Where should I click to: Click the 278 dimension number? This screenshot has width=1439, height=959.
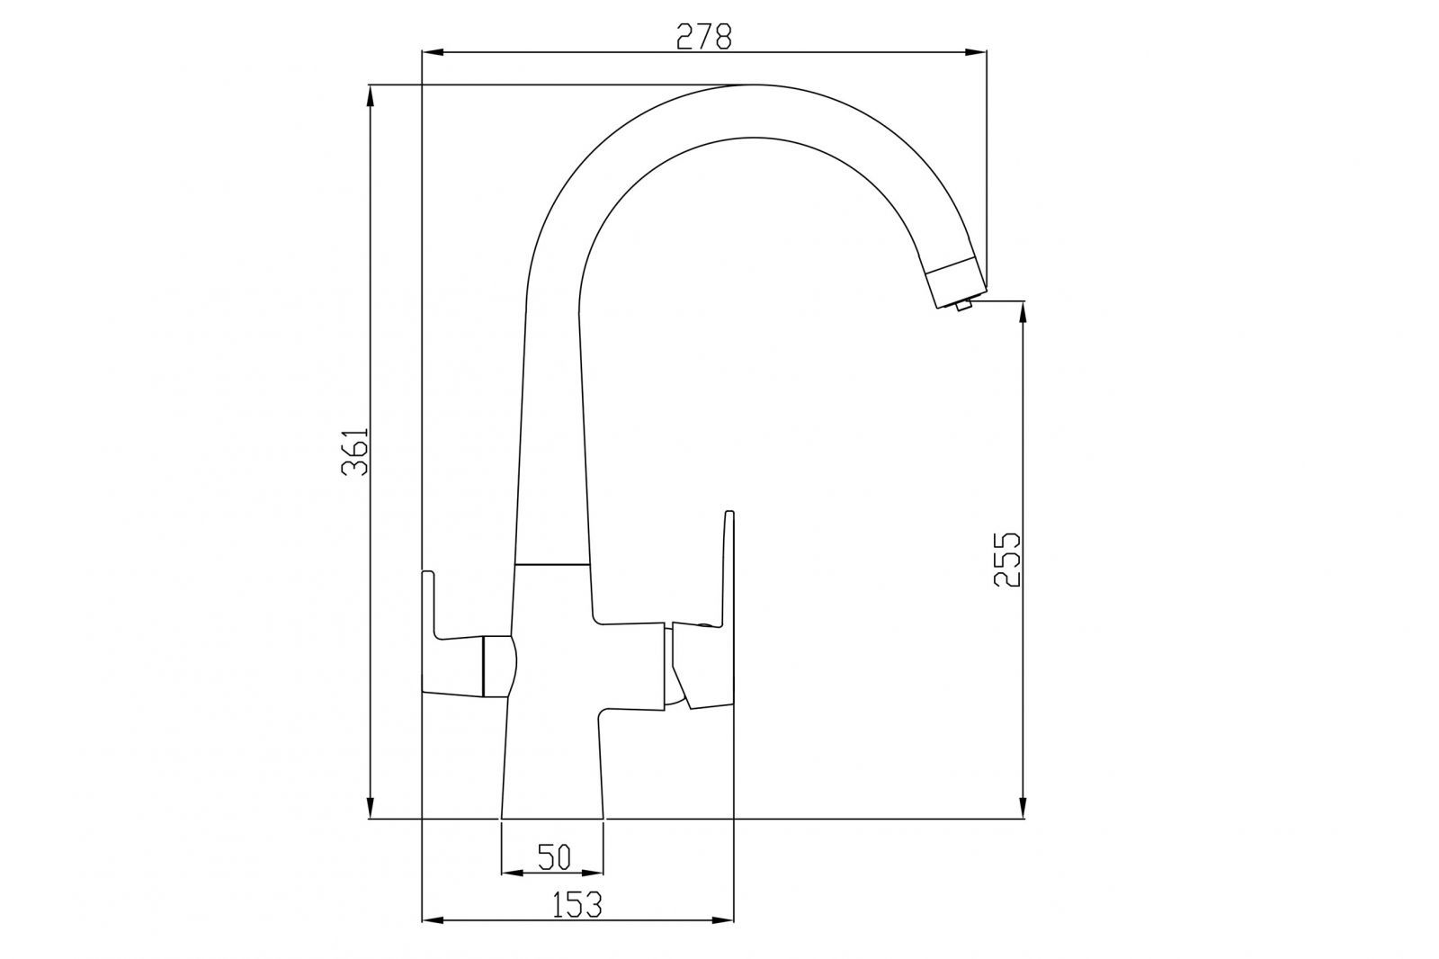coord(704,37)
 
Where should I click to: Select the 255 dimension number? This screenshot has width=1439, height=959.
coord(1006,560)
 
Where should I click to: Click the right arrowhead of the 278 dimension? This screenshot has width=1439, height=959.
coord(976,53)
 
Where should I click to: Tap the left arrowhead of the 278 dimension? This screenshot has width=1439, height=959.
coord(433,53)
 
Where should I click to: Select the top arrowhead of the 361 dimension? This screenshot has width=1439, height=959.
coord(370,95)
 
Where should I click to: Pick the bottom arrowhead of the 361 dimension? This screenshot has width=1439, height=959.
coord(370,807)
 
